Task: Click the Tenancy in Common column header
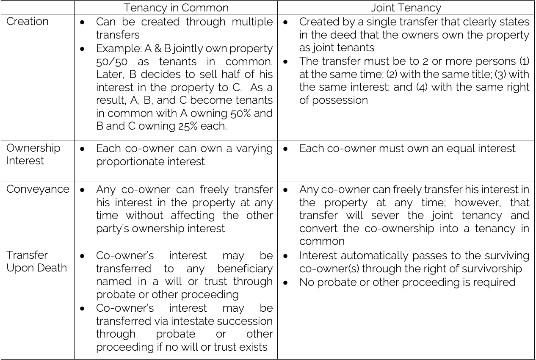(x=176, y=8)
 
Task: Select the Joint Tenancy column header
(x=406, y=8)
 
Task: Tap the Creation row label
(x=27, y=21)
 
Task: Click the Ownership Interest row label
(x=33, y=154)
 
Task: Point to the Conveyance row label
(x=38, y=189)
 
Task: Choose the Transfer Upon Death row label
(x=36, y=261)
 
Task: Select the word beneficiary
(x=245, y=269)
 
